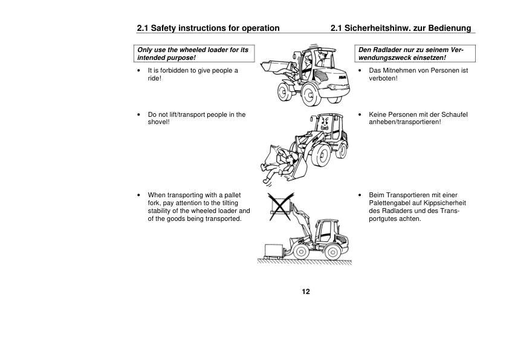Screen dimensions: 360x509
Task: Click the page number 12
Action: coord(306,292)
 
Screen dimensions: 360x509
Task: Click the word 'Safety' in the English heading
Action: coord(166,28)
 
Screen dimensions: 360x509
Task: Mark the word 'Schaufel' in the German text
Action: coord(455,114)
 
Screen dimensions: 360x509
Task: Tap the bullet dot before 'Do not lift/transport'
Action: coord(140,114)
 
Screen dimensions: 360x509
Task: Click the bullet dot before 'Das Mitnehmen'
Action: coord(360,71)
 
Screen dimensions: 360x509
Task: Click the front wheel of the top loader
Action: coord(285,93)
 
